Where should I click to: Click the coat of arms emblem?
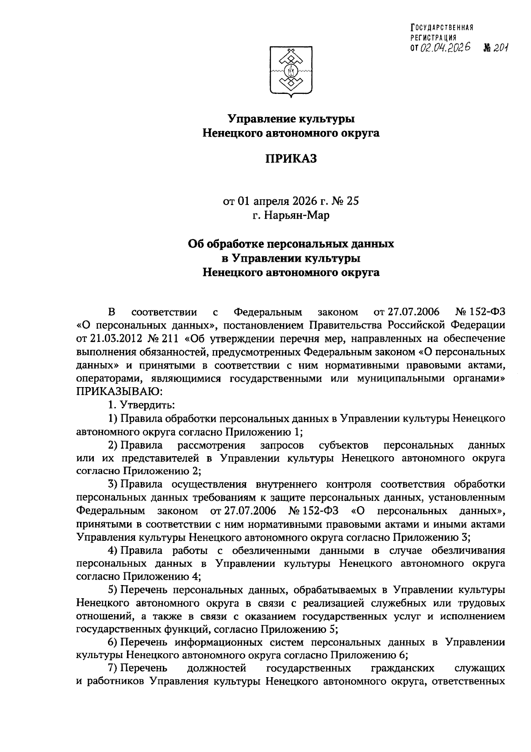click(x=291, y=71)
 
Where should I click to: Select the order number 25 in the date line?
click(x=353, y=202)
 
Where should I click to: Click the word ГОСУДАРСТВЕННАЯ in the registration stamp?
click(x=442, y=27)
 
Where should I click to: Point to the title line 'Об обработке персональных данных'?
click(x=291, y=244)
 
